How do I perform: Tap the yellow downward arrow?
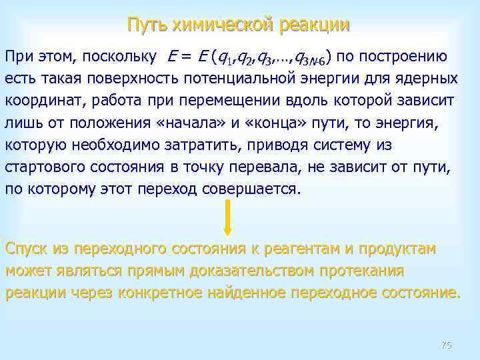227,218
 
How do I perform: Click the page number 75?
447,345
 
